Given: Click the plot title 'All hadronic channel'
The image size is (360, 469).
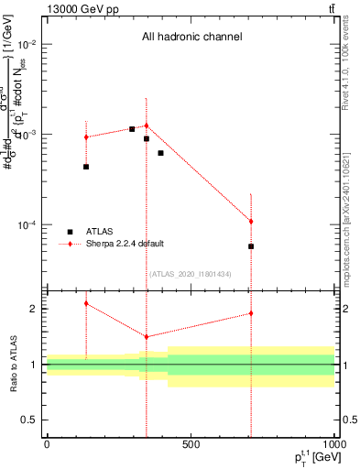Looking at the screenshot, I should coord(191,38).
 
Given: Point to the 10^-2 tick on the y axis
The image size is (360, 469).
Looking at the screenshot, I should coord(27,45).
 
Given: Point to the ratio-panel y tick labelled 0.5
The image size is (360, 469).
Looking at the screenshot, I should coord(29,420).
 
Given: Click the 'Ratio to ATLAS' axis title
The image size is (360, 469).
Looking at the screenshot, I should coord(11,365).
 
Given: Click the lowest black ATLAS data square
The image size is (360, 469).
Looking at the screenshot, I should coord(250,246).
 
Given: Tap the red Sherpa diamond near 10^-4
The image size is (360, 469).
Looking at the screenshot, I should coord(250,222).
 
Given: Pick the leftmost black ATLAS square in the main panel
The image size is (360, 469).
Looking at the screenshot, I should coord(86,167).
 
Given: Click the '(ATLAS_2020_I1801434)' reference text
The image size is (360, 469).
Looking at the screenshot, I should coord(190,274).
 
